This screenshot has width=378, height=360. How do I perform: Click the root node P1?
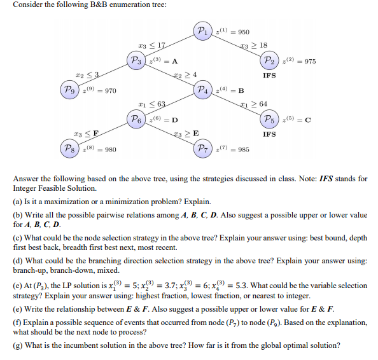click(x=202, y=31)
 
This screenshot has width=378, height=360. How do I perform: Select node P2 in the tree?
click(x=269, y=61)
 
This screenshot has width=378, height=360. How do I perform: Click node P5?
click(x=269, y=120)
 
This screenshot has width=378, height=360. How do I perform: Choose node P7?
click(x=203, y=149)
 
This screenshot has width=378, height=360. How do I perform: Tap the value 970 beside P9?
click(x=109, y=90)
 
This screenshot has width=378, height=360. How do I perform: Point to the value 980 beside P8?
click(x=109, y=149)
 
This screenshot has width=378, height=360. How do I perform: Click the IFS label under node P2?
click(x=269, y=76)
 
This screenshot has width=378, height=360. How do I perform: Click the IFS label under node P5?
click(x=269, y=134)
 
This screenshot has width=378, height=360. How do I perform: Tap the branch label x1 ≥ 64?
click(x=254, y=104)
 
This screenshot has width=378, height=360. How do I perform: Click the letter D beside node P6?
click(x=174, y=120)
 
